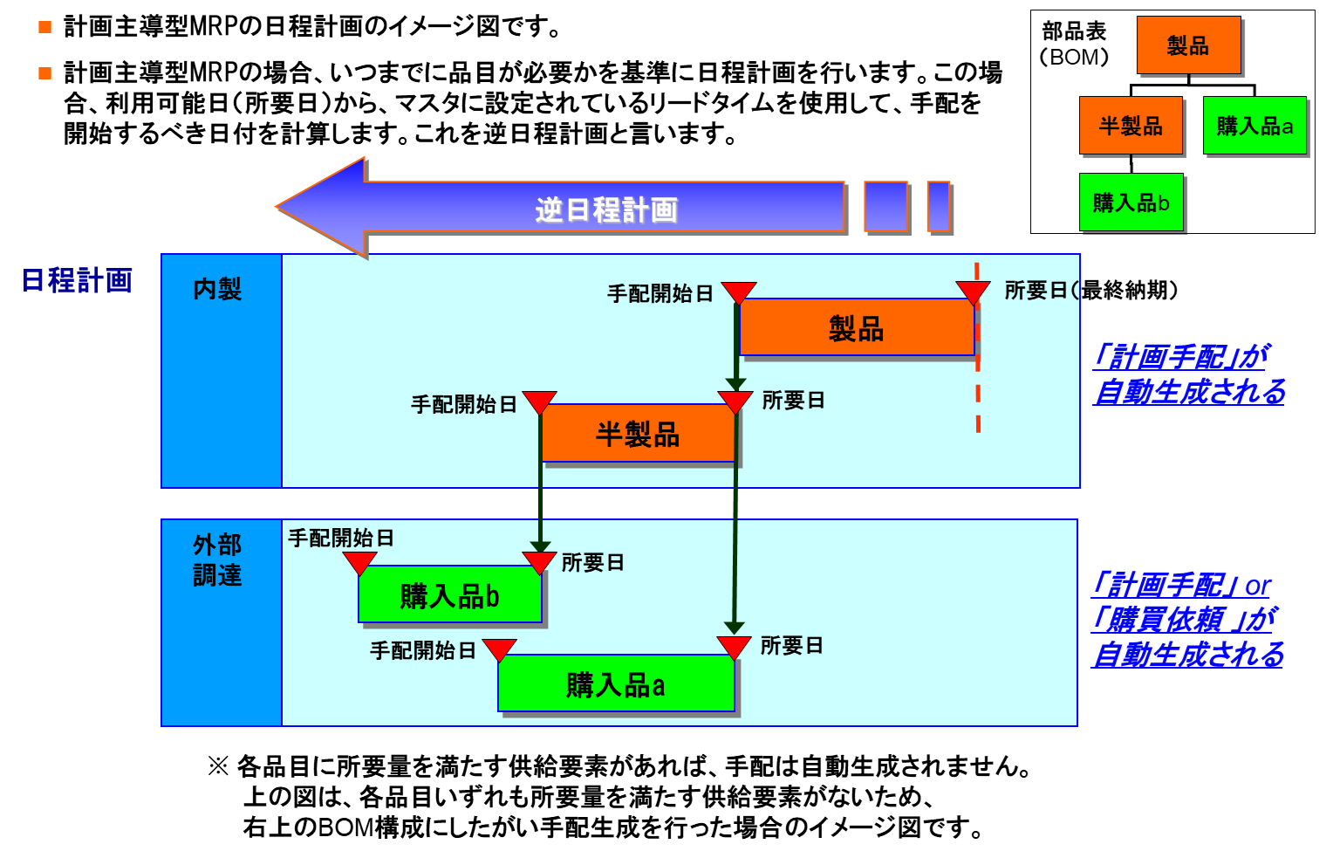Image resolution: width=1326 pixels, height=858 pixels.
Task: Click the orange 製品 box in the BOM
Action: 1188,45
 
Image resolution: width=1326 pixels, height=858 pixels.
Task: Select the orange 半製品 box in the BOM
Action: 1131,126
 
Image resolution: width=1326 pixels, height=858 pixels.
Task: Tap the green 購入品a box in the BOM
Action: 1254,126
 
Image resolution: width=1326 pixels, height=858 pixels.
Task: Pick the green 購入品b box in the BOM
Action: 1131,202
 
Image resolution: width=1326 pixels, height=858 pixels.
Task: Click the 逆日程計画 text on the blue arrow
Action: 606,209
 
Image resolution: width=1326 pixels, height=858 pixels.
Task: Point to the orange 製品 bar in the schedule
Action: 856,328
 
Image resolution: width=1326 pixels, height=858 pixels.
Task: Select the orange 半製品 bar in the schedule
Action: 638,434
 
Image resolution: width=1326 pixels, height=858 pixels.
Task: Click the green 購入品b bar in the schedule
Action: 449,595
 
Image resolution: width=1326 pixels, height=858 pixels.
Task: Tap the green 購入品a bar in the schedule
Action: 616,684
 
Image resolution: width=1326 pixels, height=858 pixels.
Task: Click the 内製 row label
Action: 217,289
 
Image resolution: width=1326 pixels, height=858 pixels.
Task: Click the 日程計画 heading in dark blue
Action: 77,280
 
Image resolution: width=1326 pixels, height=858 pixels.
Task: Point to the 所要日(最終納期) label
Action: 1090,291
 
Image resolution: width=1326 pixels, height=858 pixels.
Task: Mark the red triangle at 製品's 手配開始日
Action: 739,292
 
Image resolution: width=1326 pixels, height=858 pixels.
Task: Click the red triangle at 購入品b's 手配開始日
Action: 359,561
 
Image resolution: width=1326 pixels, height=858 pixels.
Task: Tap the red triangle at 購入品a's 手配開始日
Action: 499,649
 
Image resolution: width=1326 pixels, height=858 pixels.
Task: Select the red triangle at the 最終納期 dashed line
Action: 973,291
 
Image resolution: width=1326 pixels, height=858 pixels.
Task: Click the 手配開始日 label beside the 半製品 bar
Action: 464,404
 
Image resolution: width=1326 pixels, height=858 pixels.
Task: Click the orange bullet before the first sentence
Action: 45,27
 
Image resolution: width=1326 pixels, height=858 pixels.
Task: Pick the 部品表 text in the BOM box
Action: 1074,31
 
